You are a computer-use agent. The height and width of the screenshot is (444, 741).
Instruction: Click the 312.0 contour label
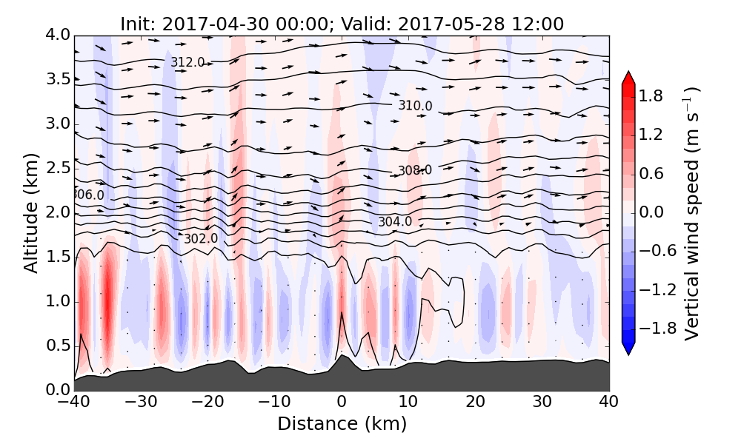tap(187, 63)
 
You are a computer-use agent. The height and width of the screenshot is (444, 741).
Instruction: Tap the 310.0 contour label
tap(415, 106)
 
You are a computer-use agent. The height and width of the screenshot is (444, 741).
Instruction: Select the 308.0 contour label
tap(415, 170)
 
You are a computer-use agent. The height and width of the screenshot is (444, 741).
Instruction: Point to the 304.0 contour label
tap(395, 222)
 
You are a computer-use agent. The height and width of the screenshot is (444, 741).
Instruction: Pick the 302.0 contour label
tap(201, 238)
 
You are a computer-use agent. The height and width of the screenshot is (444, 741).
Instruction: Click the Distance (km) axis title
tap(342, 424)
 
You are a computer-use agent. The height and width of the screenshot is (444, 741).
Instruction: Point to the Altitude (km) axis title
tap(30, 212)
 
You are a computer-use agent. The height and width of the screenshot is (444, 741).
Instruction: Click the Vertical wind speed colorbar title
tap(692, 212)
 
